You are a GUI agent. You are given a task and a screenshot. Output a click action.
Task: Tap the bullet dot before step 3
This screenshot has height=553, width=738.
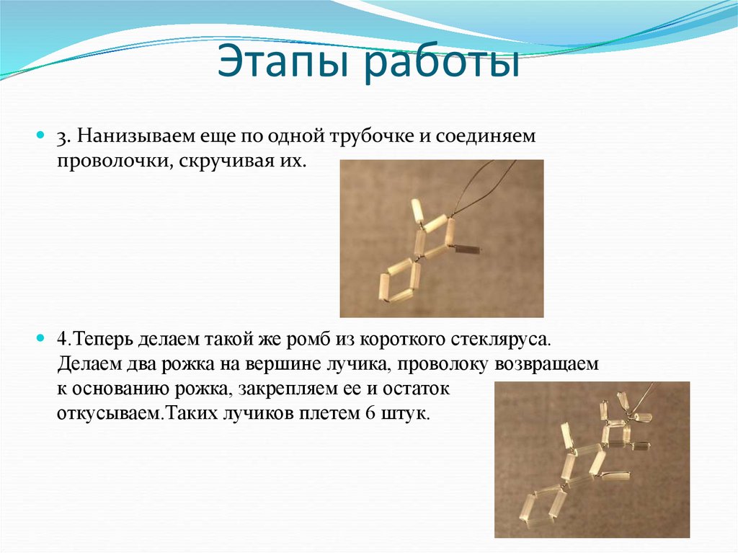pyautogui.click(x=41, y=136)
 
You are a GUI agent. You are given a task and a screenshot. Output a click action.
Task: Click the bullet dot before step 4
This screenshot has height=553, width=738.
pyautogui.click(x=41, y=338)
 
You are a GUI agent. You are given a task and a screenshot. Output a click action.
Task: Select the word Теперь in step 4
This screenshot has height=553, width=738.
pyautogui.click(x=104, y=339)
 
